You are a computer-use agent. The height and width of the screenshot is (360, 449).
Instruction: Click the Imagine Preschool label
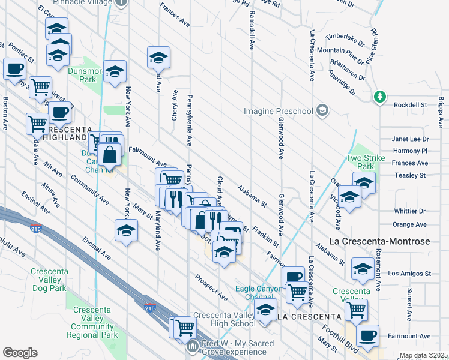click(x=278, y=111)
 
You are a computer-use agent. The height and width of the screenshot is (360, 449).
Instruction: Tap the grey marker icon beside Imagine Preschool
click(x=323, y=110)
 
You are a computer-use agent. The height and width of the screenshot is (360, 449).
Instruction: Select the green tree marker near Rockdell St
click(x=379, y=97)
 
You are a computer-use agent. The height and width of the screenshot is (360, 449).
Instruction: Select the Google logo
click(x=20, y=353)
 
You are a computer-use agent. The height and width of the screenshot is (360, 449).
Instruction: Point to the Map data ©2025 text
click(x=423, y=355)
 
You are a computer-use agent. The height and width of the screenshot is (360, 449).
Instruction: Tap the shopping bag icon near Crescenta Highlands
click(x=110, y=155)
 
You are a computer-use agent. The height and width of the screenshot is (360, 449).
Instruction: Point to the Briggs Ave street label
click(x=441, y=113)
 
